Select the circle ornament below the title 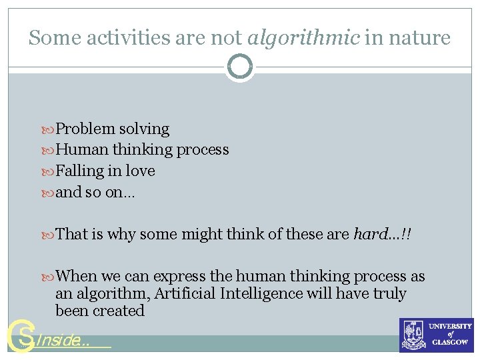(240, 67)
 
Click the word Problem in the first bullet (85, 129)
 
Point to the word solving (144, 129)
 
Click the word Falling (80, 171)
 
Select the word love (140, 171)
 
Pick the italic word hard (369, 234)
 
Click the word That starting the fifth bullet (72, 234)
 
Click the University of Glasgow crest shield (413, 335)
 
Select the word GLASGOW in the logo (451, 342)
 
